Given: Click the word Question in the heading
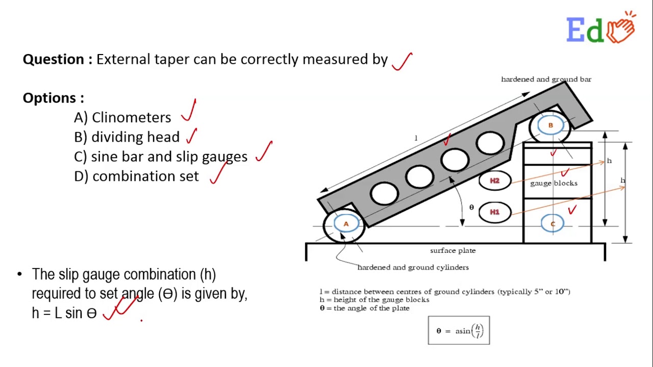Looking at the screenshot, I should (x=54, y=60).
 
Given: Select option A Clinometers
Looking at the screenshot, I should (x=122, y=118).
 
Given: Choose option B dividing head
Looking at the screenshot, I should (x=127, y=137).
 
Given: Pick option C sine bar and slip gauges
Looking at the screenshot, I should (x=161, y=156).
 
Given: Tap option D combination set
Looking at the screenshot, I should (x=137, y=176).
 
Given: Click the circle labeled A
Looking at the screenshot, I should (x=346, y=224).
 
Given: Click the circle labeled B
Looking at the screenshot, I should (x=550, y=125).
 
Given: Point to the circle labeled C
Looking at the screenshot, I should (x=552, y=224).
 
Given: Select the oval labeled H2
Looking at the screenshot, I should (x=494, y=181).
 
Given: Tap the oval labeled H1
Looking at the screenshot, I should (x=494, y=212).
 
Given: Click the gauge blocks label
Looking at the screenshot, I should (x=554, y=183).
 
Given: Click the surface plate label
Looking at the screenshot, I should (x=453, y=251).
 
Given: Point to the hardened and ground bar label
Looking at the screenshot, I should (x=546, y=80).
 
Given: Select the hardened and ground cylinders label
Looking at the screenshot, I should (x=413, y=268).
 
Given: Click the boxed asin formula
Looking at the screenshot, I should (x=459, y=331).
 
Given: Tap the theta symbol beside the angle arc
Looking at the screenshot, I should (x=471, y=207).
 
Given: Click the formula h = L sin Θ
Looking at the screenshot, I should (x=64, y=313).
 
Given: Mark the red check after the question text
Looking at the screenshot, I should (x=403, y=62).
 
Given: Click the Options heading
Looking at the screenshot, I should (x=53, y=98).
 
